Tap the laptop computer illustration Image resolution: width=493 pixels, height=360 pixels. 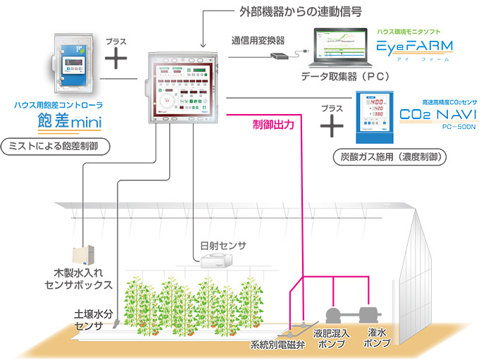pyautogui.click(x=342, y=48)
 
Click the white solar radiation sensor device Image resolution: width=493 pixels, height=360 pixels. pyautogui.click(x=217, y=261)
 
